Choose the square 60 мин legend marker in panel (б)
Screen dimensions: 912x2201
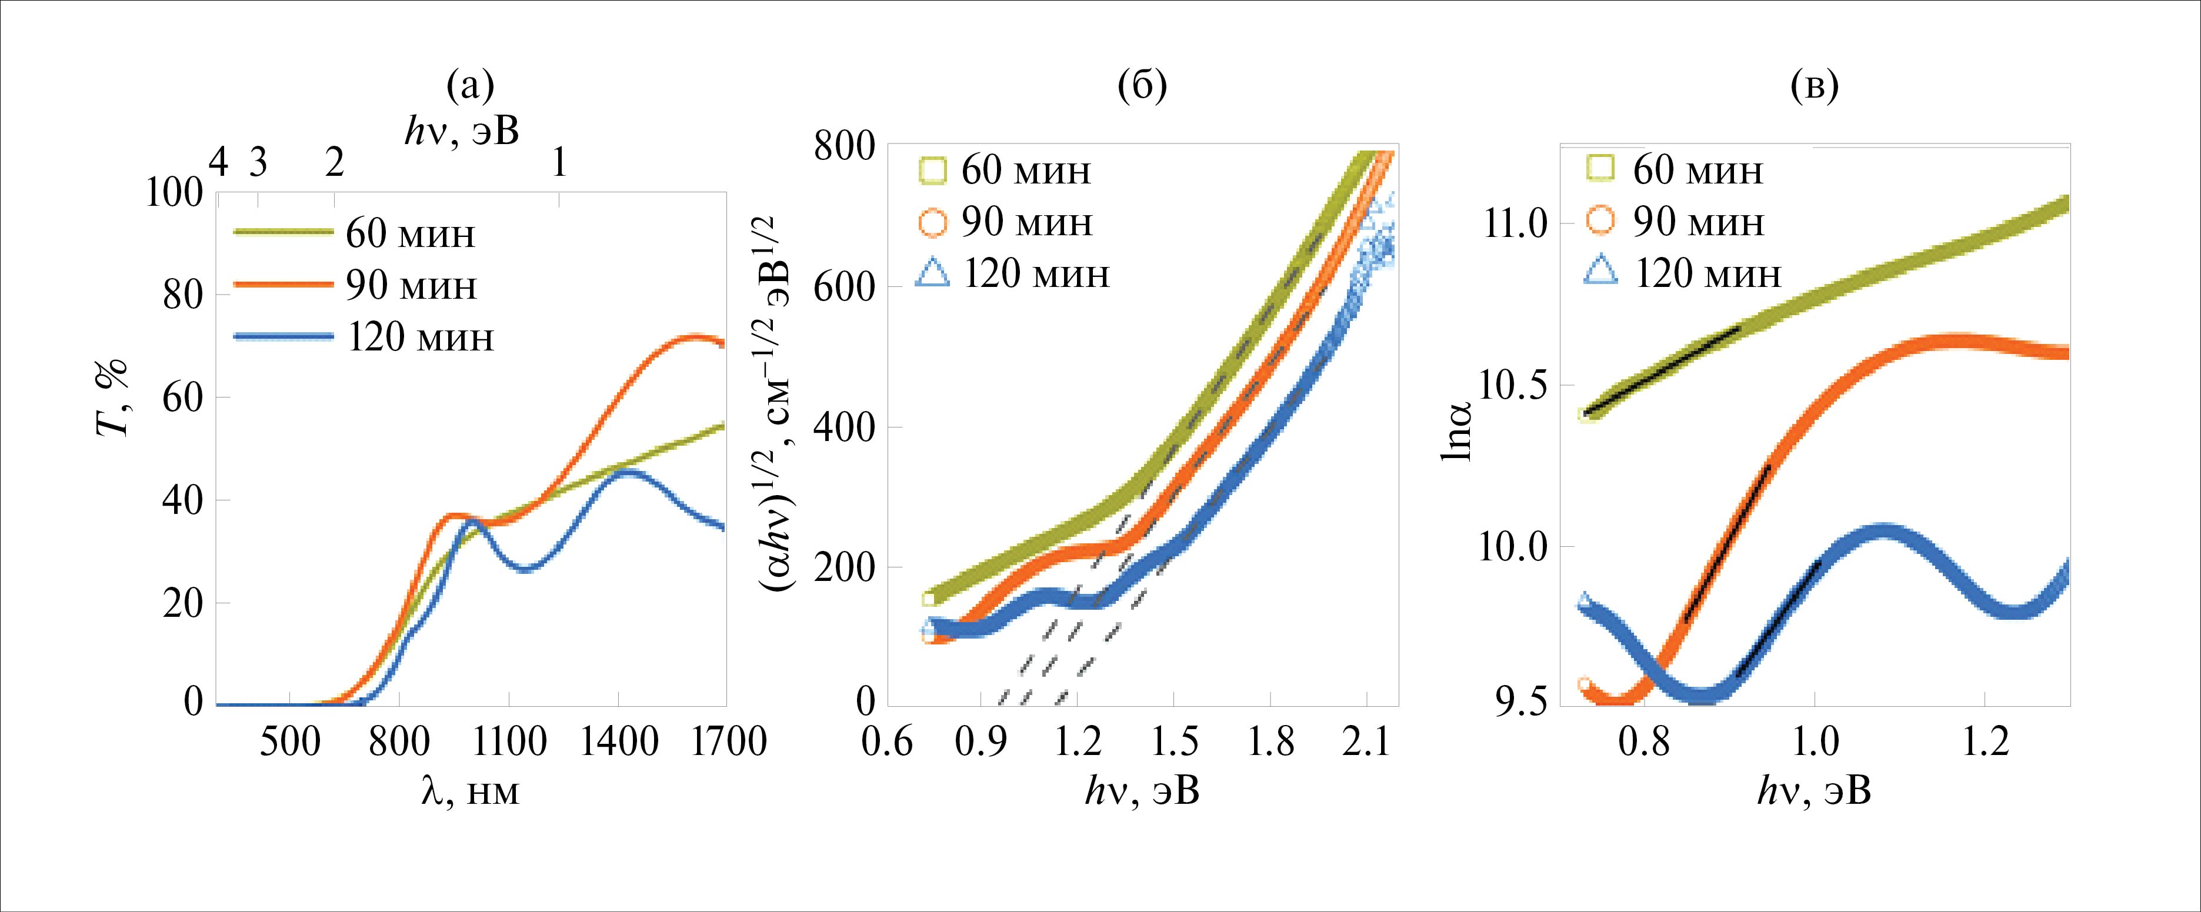(x=932, y=171)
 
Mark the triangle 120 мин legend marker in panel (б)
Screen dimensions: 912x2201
(x=932, y=273)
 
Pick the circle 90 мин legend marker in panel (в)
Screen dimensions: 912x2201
(x=1603, y=221)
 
